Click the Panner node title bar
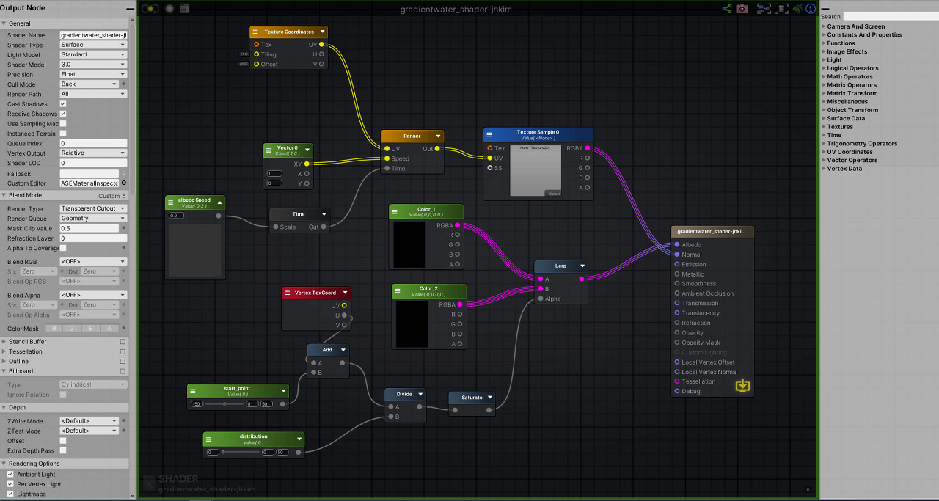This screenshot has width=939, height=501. click(412, 136)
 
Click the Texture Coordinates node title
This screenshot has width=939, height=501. click(288, 32)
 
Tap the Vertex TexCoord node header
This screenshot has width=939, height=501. click(315, 293)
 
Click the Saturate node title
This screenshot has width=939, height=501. click(472, 398)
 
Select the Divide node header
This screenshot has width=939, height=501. click(404, 394)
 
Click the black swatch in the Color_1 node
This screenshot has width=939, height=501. click(410, 244)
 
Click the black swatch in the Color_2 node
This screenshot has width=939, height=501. click(412, 323)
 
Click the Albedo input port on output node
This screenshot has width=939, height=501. click(676, 245)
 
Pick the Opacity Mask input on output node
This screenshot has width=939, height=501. click(676, 343)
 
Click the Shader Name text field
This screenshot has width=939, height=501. click(93, 35)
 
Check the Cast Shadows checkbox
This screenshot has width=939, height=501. click(63, 104)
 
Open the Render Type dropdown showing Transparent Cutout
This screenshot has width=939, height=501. click(93, 208)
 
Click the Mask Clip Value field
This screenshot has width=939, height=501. click(89, 228)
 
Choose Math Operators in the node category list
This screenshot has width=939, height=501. click(850, 76)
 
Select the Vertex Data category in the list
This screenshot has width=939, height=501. click(844, 169)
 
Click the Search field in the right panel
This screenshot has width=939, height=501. click(890, 16)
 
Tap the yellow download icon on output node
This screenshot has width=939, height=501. click(742, 385)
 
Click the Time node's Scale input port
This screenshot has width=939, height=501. click(276, 227)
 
